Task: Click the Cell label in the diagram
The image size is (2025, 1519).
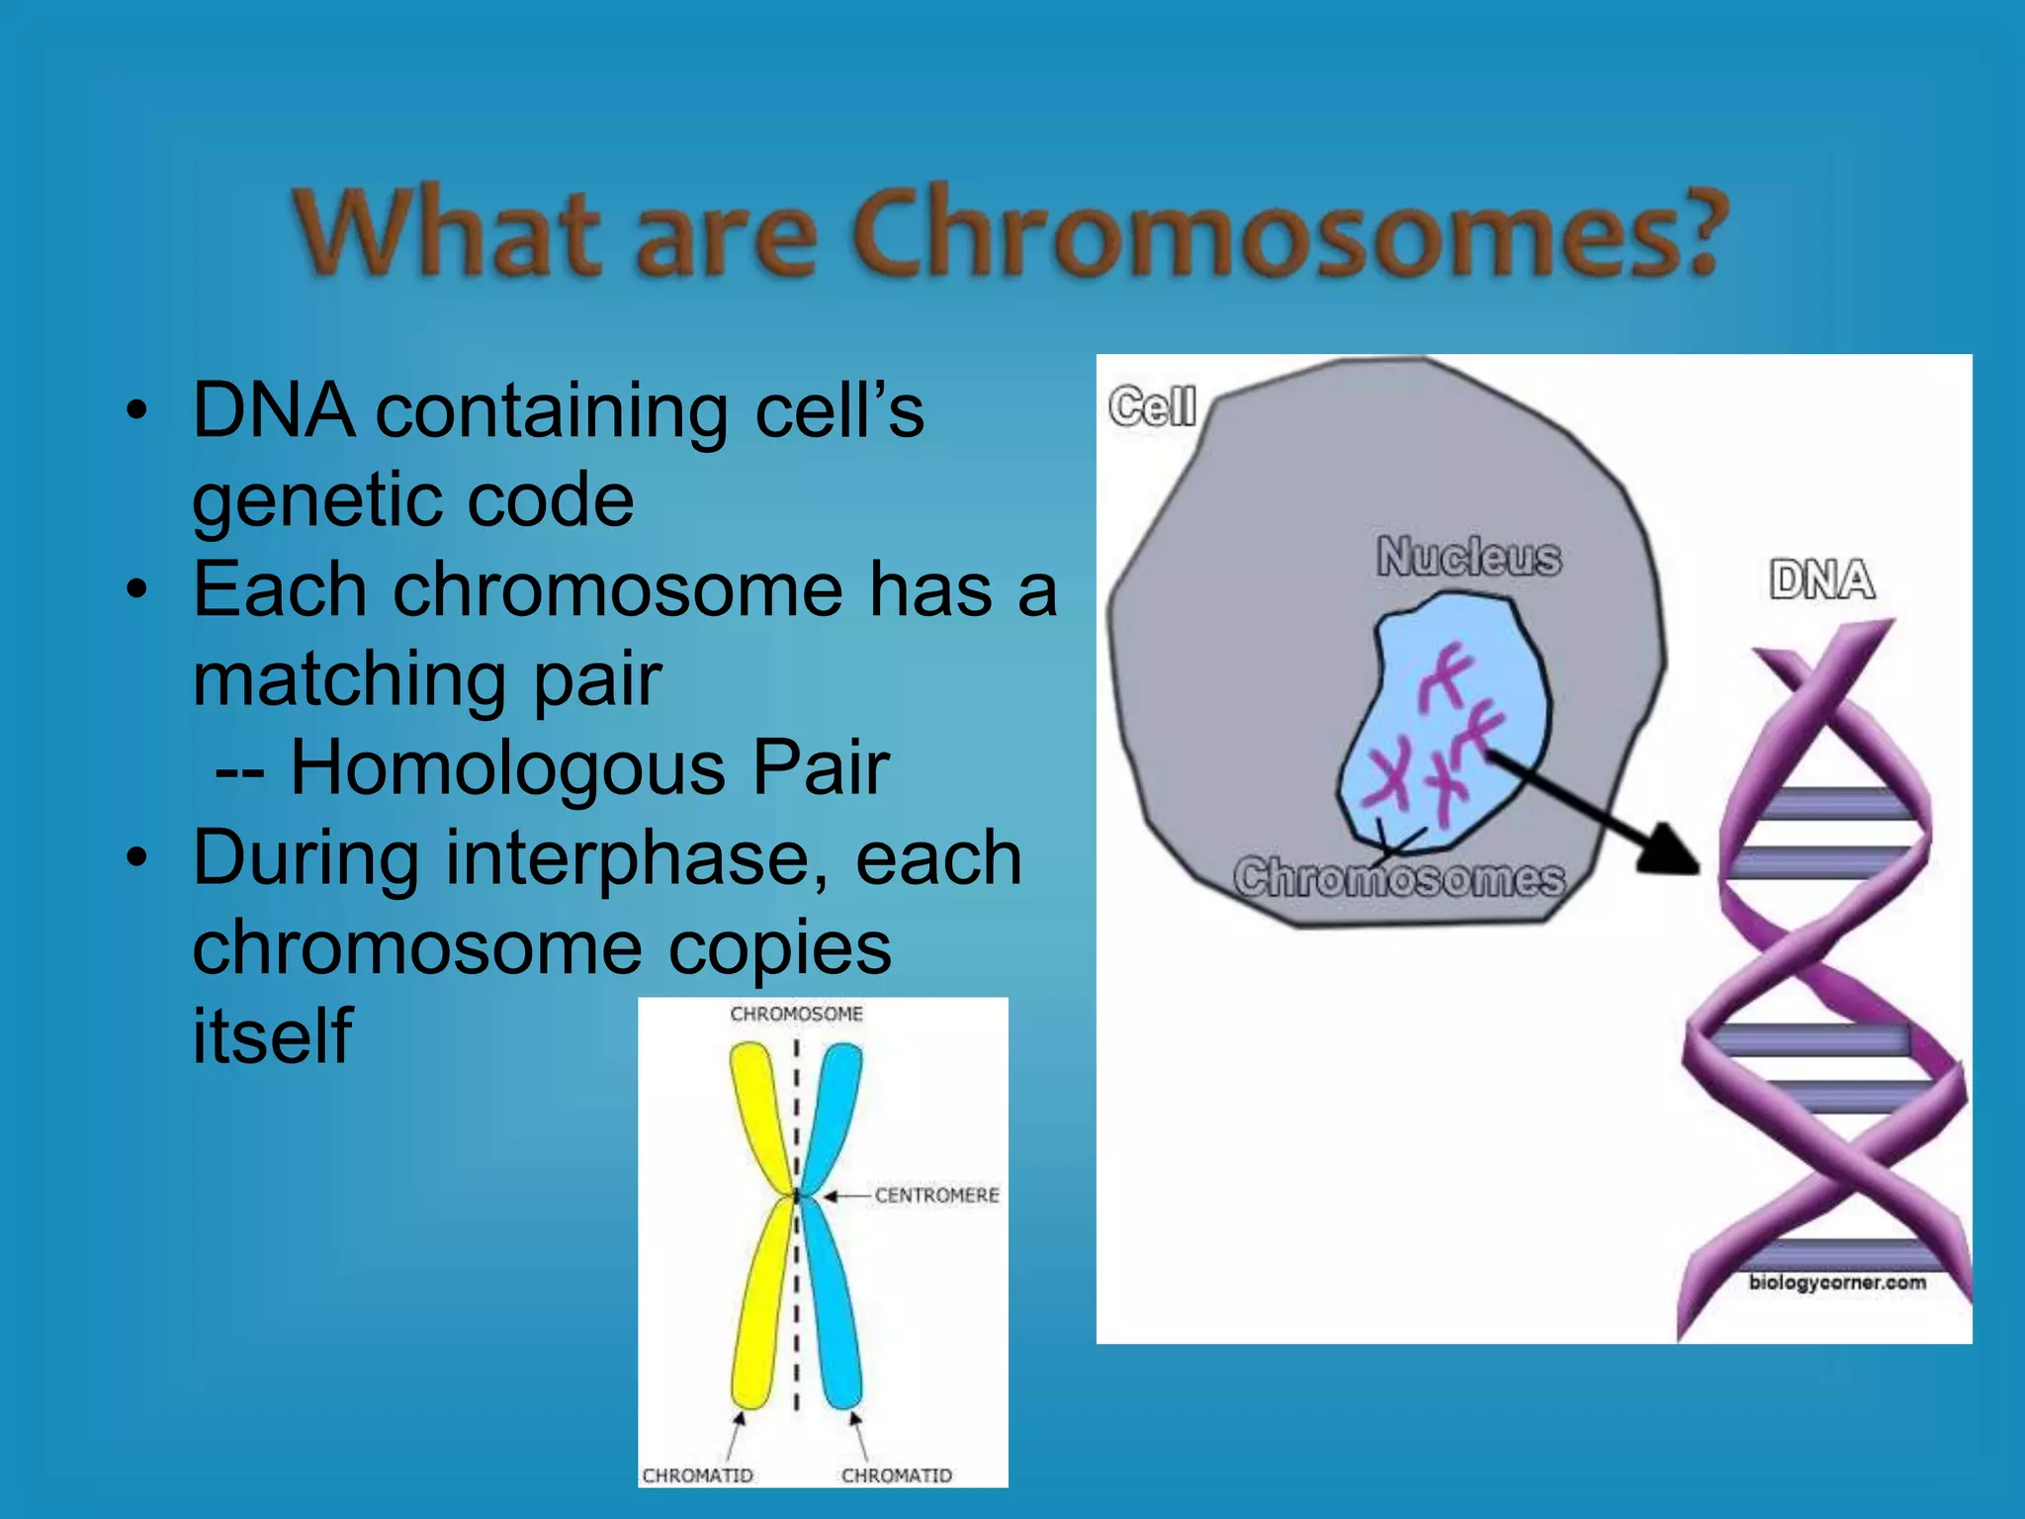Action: click(1152, 406)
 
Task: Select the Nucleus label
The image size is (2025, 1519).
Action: click(1469, 556)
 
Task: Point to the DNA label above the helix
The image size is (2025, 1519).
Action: click(1821, 580)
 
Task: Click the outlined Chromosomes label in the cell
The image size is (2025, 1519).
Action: click(1399, 878)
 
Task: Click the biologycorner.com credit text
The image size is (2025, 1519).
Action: click(1837, 1283)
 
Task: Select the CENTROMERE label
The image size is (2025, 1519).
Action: click(936, 1196)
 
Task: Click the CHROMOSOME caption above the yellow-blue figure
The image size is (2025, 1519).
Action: click(796, 1014)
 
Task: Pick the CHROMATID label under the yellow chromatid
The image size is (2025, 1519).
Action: click(697, 1475)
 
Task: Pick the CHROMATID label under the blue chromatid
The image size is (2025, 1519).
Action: click(897, 1475)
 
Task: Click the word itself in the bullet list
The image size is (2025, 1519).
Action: click(272, 1035)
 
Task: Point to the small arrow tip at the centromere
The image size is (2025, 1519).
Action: click(832, 1197)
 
